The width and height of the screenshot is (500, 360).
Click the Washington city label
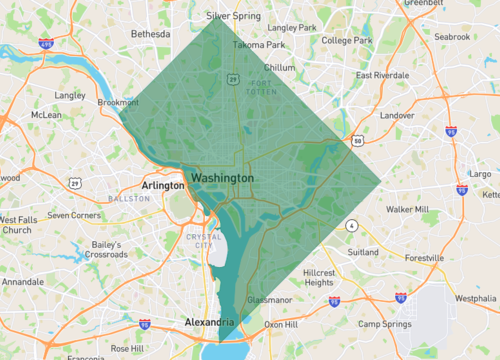tap(221, 177)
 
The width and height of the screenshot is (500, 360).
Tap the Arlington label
tap(162, 185)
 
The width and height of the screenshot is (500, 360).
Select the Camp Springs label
tap(385, 324)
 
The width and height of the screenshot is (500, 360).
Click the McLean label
tap(47, 114)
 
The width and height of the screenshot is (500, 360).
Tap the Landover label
tap(397, 115)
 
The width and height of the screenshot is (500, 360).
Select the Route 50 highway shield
tap(357, 141)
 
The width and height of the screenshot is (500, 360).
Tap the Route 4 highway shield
tap(352, 226)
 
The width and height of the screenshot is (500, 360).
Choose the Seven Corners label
tap(73, 215)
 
